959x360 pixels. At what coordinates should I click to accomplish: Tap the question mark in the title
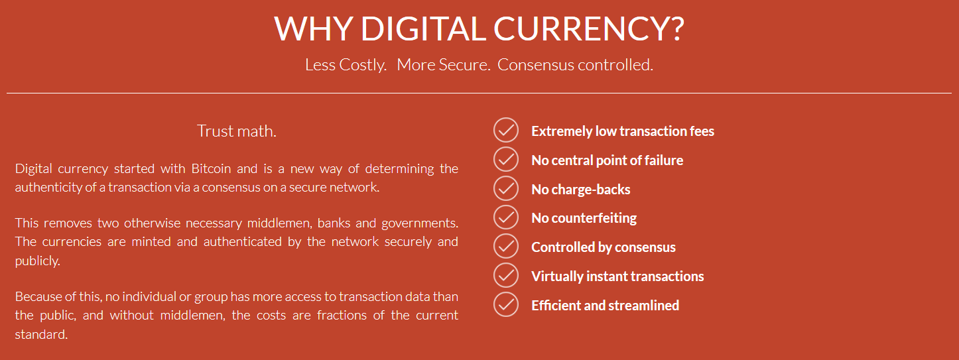676,29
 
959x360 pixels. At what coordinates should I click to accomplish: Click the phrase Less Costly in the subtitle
345,65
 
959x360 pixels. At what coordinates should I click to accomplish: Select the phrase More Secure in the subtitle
442,65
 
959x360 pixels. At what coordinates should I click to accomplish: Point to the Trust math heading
236,131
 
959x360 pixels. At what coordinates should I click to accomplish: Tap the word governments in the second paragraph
420,223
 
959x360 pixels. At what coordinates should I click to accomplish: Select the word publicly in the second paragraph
37,261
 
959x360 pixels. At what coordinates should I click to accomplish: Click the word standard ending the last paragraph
41,334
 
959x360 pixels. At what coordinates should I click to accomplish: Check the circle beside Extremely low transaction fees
506,130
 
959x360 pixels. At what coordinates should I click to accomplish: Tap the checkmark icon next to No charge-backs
506,188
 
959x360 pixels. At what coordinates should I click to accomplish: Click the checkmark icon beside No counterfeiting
506,217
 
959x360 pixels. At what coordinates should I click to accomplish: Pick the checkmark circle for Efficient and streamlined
506,304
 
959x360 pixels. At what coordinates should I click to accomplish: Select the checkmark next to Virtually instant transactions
506,275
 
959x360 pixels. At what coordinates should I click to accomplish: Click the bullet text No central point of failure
607,160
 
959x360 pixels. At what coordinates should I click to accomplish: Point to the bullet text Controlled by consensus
604,247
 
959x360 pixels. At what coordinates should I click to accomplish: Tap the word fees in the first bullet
701,131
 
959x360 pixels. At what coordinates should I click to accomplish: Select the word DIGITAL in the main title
423,29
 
